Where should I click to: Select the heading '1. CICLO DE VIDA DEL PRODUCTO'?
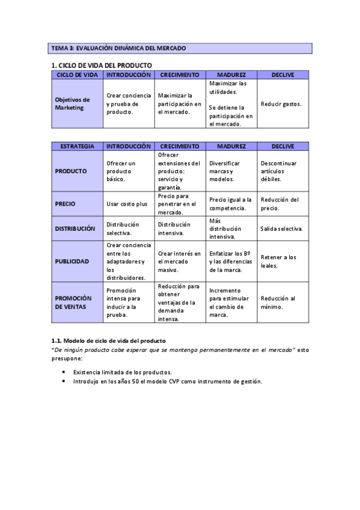click(x=102, y=65)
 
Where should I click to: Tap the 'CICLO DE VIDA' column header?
click(x=78, y=75)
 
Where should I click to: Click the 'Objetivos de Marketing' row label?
click(x=72, y=103)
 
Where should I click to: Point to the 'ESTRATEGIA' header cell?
click(x=78, y=146)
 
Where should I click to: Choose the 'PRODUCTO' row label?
click(x=71, y=171)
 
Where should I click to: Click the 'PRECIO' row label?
click(x=65, y=204)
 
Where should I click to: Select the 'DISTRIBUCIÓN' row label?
click(x=75, y=229)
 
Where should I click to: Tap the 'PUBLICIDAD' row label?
click(x=72, y=261)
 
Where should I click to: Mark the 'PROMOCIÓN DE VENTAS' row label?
click(x=73, y=303)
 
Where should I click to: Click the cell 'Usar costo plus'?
click(x=127, y=204)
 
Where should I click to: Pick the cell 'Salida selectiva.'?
click(x=281, y=229)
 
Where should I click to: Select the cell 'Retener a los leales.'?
click(x=278, y=261)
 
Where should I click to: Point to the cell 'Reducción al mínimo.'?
click(x=278, y=303)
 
